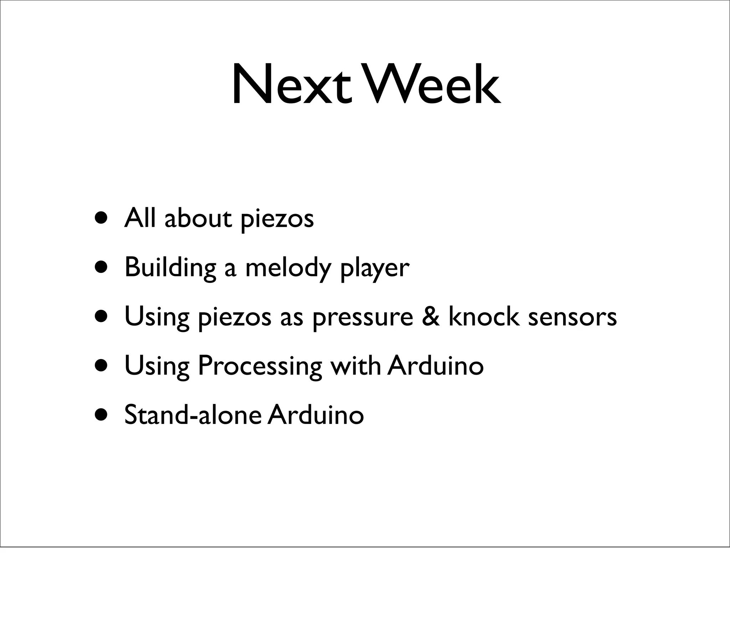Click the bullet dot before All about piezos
(101, 218)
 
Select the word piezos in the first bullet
(277, 219)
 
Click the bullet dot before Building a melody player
(101, 267)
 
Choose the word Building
(170, 268)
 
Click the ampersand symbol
(431, 317)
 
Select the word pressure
(363, 317)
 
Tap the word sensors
(572, 317)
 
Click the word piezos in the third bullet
(234, 317)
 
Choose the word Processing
(259, 366)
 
